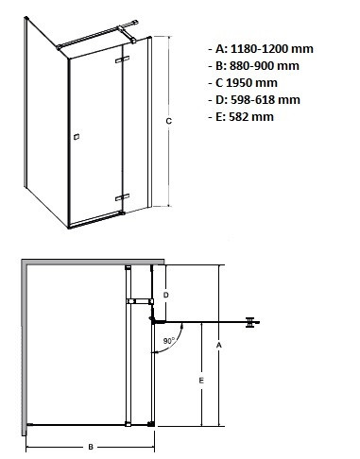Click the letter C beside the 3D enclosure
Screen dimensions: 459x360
click(x=168, y=120)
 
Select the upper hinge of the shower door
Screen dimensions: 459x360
click(x=120, y=60)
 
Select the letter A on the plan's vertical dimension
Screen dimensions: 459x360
click(x=218, y=346)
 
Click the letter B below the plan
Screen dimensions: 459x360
click(x=90, y=445)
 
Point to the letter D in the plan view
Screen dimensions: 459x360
click(x=166, y=295)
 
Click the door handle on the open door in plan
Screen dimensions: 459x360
click(x=250, y=322)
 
